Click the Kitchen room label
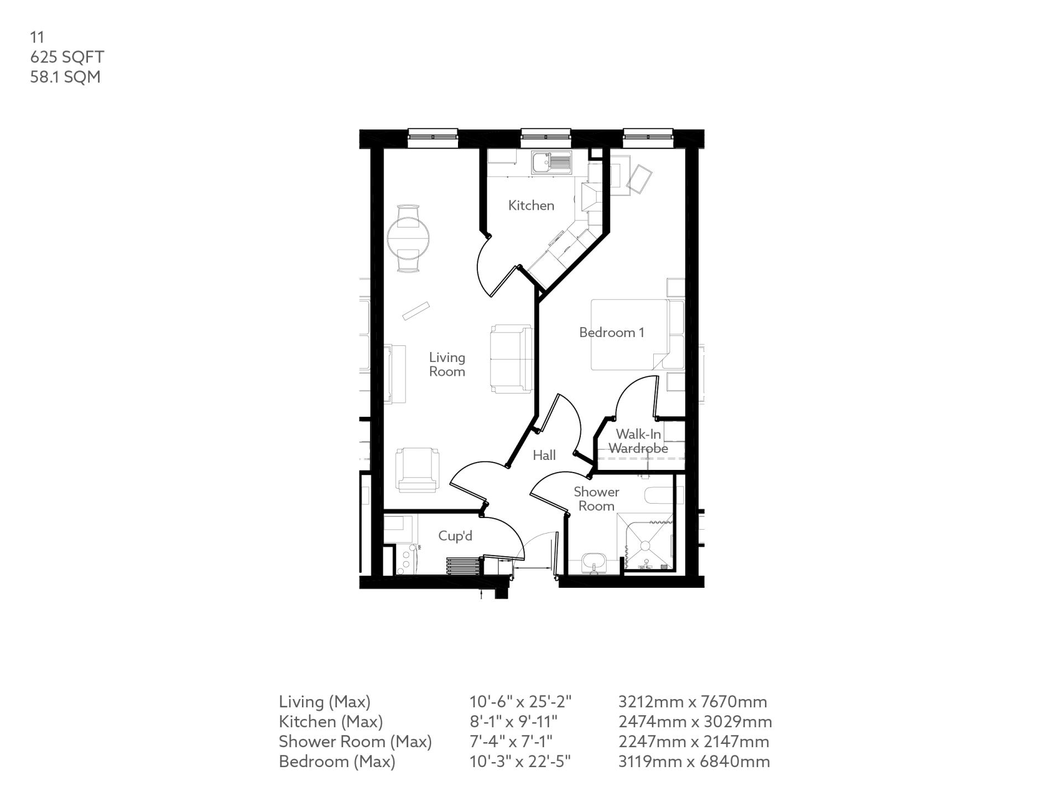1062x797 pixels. tap(531, 205)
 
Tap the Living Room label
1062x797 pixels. tap(447, 364)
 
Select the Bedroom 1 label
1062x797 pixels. tap(611, 332)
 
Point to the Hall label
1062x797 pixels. tap(544, 455)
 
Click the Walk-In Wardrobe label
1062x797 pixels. tap(638, 441)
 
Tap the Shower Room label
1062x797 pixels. tap(596, 499)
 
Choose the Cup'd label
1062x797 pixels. tap(455, 536)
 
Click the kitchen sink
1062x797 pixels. tap(551, 163)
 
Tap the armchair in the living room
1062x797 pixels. tap(417, 470)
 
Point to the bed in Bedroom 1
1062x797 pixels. tap(629, 334)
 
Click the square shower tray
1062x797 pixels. tap(645, 542)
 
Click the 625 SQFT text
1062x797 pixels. tap(67, 57)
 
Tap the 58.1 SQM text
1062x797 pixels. tap(65, 77)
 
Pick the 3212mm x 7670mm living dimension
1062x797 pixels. tap(693, 702)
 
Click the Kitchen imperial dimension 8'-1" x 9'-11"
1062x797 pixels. tap(513, 722)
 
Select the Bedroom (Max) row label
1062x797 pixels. tap(337, 762)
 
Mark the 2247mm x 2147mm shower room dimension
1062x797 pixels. tap(694, 742)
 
